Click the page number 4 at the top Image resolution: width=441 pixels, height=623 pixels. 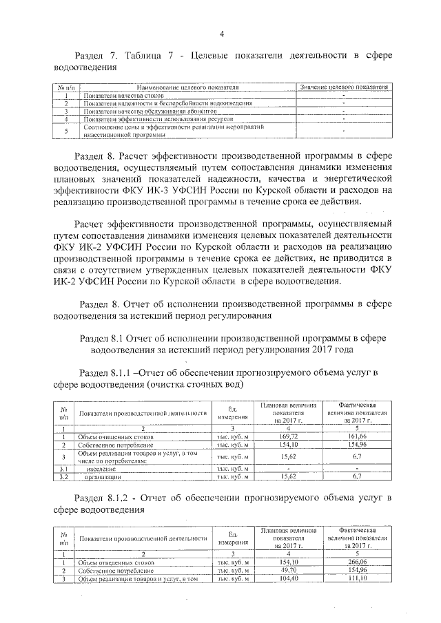coord(220,34)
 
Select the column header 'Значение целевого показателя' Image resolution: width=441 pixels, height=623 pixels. coord(342,88)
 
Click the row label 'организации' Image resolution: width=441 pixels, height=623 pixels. coord(103,476)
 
